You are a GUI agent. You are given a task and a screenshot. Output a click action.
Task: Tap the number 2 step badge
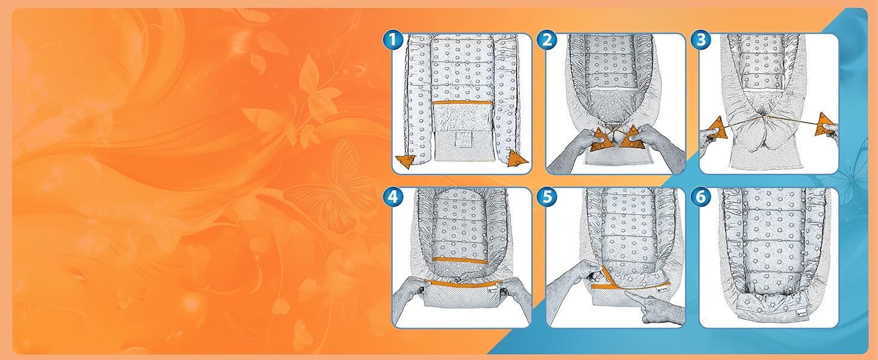point(547,40)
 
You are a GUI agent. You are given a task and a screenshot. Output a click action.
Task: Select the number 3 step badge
point(701,40)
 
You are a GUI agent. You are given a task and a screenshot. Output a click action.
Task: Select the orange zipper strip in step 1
point(462,103)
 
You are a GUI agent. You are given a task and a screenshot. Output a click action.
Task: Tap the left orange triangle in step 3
point(715,128)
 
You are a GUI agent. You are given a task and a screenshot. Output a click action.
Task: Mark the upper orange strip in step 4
point(459,260)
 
